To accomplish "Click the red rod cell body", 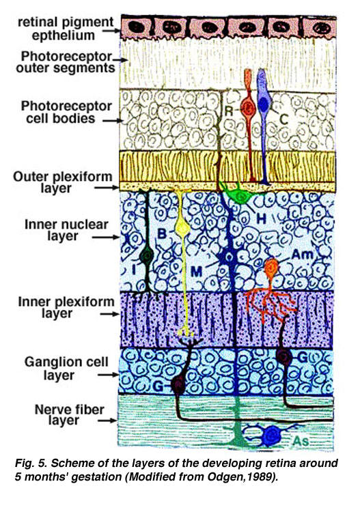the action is (249, 106).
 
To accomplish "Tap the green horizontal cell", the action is (240, 196).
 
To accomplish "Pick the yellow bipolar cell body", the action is (181, 228).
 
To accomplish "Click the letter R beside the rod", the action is (229, 111).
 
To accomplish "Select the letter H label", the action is (261, 218).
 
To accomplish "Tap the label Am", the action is (302, 254).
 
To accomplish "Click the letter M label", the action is (196, 271).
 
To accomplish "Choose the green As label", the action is (301, 441).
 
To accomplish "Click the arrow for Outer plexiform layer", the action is (107, 188).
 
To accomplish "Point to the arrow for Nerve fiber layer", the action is (108, 421).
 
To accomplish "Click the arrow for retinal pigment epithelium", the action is (112, 31).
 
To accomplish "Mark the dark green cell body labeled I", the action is (147, 255).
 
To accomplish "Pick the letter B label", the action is (162, 233).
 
